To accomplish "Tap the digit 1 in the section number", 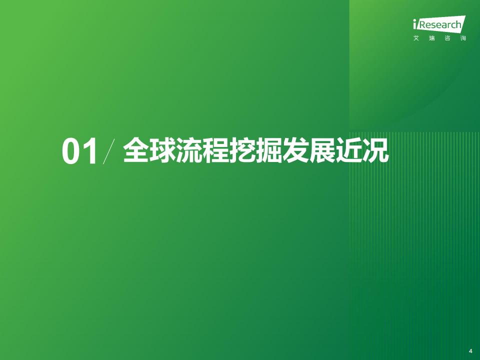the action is (90, 151).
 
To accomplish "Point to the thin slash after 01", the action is (109, 151).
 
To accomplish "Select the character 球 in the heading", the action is (162, 150).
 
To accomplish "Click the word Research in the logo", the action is (439, 24).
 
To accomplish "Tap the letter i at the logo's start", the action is (415, 24).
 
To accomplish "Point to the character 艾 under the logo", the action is (416, 38).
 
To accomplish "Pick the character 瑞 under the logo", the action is (431, 38).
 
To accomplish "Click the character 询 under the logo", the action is (463, 38).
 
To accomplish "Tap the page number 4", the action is (470, 351).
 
